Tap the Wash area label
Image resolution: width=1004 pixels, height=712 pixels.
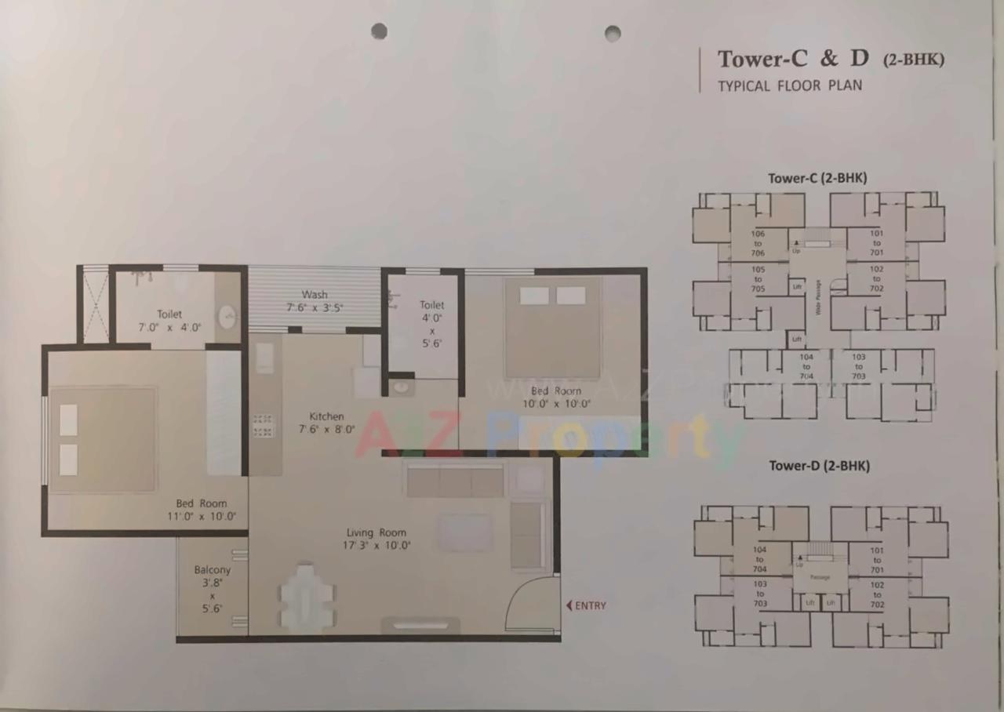coord(315,295)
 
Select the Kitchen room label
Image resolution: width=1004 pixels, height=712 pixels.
coord(326,416)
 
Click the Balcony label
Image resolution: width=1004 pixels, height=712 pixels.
coord(213,570)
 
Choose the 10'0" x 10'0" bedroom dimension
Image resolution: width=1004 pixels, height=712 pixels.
coord(556,404)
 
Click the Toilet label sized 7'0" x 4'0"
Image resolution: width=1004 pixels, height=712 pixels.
coord(169,314)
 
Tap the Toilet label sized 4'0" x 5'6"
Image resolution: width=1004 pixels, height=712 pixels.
coord(431,305)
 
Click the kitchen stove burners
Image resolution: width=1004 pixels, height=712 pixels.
coord(263,425)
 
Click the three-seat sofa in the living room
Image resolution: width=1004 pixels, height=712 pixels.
coord(454,480)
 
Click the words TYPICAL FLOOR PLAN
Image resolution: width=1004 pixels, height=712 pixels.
coord(790,85)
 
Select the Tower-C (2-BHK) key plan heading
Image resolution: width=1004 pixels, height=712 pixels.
coord(817,178)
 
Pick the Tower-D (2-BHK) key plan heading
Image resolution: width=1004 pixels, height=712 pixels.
coord(819,466)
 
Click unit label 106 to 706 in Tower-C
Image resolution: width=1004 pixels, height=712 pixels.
coord(758,243)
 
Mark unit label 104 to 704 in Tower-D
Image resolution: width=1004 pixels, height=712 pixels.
coord(759,559)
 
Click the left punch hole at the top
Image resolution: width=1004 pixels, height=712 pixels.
coord(379,31)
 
